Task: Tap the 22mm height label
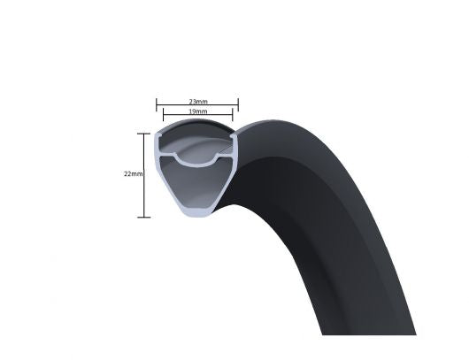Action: (x=133, y=174)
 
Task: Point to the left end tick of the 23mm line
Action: (x=158, y=105)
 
